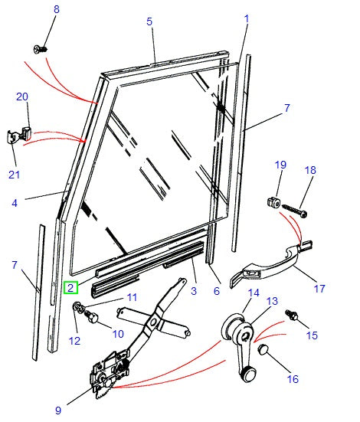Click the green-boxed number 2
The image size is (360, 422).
point(70,288)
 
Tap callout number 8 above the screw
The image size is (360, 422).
point(55,9)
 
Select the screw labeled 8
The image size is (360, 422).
point(41,49)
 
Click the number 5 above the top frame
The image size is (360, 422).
point(150,21)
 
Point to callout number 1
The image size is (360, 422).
point(247,18)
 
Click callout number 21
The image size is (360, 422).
point(14,175)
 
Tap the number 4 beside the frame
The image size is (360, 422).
point(14,203)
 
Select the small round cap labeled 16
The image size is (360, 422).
point(263,350)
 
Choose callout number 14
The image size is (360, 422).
point(253,292)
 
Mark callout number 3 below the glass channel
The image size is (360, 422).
point(193,291)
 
